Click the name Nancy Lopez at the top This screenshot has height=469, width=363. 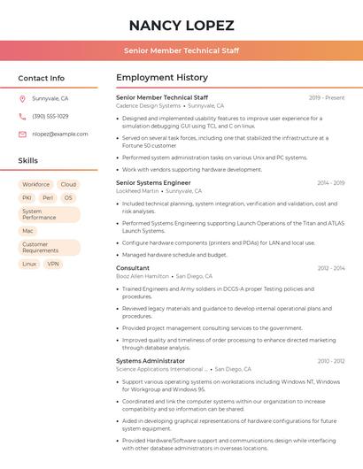[x=181, y=25]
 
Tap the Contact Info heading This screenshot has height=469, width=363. [x=42, y=78]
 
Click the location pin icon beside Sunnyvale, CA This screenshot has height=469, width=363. [x=22, y=99]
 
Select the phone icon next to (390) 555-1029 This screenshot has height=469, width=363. [x=22, y=117]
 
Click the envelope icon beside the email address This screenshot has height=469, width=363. [x=22, y=135]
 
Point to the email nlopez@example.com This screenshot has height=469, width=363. [x=60, y=135]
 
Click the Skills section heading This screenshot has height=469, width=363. [x=28, y=161]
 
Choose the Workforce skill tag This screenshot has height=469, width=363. [x=36, y=185]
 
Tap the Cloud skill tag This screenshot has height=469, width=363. [x=68, y=185]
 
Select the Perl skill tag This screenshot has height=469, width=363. [x=48, y=198]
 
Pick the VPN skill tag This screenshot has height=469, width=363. [x=54, y=264]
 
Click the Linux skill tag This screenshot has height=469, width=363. [x=29, y=264]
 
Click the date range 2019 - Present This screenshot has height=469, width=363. [x=327, y=97]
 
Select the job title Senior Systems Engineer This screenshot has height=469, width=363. [x=153, y=183]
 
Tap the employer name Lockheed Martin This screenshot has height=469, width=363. [x=137, y=191]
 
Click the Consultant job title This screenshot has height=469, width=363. [x=133, y=268]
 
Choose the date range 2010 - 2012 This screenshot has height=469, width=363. [x=331, y=361]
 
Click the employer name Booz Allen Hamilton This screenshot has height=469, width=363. [x=143, y=276]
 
